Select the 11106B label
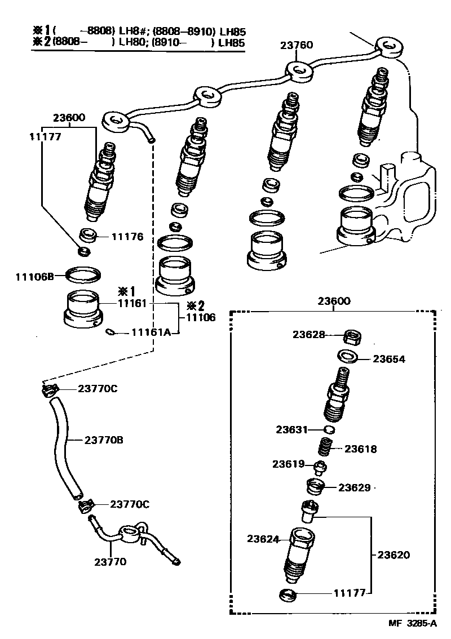click(34, 277)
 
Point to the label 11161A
click(151, 332)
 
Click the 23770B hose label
click(104, 440)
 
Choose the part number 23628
click(308, 334)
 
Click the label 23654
click(389, 359)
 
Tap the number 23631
click(291, 429)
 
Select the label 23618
click(361, 449)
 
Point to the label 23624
click(263, 539)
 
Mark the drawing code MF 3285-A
click(412, 623)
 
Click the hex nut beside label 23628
click(352, 338)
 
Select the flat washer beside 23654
click(347, 357)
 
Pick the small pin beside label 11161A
click(111, 332)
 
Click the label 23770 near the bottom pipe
click(110, 561)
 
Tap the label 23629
click(355, 487)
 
